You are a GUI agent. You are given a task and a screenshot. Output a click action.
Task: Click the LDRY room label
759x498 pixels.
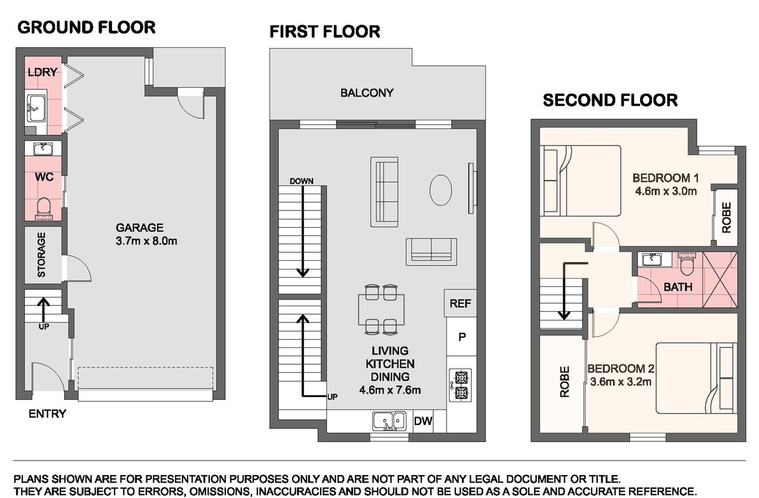[x=42, y=72]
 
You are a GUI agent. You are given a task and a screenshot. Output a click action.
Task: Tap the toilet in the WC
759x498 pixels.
[x=44, y=209]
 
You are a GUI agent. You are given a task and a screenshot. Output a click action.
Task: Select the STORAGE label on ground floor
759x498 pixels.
[x=41, y=255]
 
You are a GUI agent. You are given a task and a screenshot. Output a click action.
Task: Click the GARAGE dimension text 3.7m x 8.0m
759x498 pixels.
[x=146, y=241]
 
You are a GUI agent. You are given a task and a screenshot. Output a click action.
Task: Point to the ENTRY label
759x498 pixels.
[x=47, y=413]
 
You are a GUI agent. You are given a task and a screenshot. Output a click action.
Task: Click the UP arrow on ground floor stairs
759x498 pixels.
[x=43, y=310]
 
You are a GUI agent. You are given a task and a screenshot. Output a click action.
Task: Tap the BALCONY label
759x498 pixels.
[x=367, y=93]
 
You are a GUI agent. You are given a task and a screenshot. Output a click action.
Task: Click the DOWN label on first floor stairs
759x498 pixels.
[x=301, y=181]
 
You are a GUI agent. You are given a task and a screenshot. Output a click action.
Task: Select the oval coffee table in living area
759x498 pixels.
[x=440, y=190]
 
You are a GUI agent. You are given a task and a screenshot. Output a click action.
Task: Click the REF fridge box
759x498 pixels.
[x=460, y=303]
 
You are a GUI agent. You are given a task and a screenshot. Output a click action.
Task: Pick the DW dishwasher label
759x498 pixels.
[x=423, y=421]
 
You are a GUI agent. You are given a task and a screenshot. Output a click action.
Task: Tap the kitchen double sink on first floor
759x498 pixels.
[x=389, y=421]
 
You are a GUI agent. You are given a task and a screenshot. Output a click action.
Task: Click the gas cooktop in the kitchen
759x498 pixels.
[x=461, y=385]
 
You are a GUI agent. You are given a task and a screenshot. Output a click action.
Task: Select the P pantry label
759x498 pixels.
[x=462, y=337]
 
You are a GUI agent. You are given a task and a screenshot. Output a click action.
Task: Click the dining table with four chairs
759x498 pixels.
[x=381, y=310]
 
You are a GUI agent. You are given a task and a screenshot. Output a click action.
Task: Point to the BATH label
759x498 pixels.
[x=677, y=287]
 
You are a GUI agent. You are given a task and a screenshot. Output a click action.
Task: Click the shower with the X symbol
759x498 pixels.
[x=720, y=280]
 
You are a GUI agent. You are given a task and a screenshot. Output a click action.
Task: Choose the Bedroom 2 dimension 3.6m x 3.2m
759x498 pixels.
[x=621, y=382]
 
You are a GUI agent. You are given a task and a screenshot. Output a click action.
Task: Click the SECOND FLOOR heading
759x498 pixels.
[x=610, y=100]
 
